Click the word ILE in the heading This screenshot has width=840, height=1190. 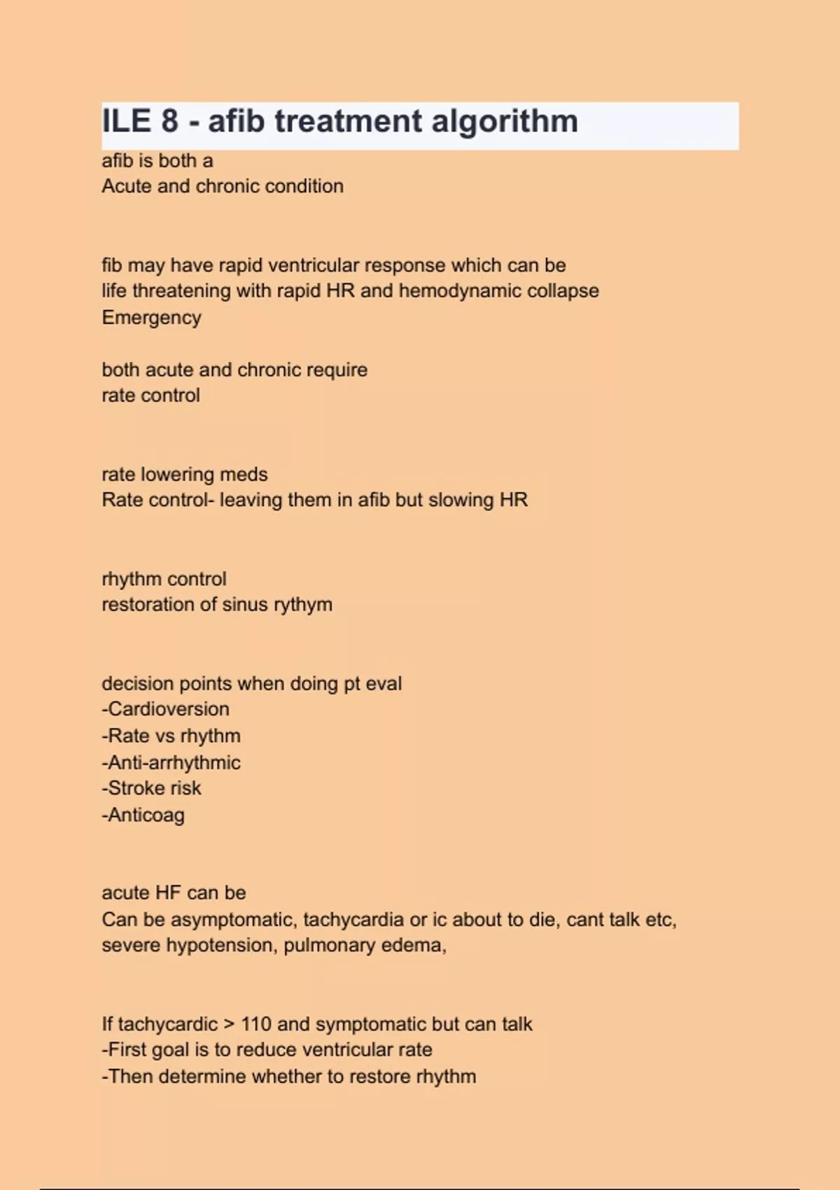click(x=127, y=121)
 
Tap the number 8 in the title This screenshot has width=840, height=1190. click(x=170, y=121)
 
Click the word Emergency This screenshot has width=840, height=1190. click(x=151, y=318)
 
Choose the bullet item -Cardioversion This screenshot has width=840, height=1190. click(x=166, y=709)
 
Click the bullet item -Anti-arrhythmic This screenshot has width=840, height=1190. click(x=171, y=762)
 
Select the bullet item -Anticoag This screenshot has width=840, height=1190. click(x=143, y=815)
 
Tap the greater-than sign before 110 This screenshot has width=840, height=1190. click(x=229, y=1025)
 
